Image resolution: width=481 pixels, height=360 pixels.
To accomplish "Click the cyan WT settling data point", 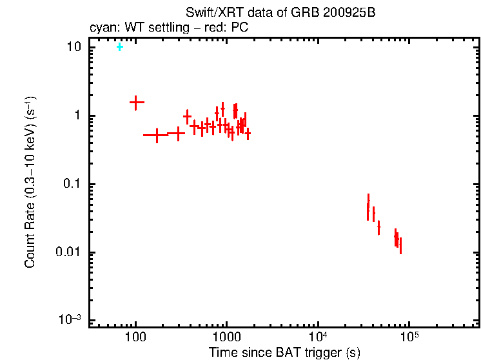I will click(119, 46).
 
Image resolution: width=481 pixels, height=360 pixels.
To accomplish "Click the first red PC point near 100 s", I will click(136, 102).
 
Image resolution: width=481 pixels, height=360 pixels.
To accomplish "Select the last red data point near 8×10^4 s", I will click(400, 245).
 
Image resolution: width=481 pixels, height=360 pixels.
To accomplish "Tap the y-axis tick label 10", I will click(74, 47).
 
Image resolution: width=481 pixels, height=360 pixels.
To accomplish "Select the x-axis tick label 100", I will click(135, 337).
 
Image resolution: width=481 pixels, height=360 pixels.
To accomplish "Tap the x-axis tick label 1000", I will click(226, 337).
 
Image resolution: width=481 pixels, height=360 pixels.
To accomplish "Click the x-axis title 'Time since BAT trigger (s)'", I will click(284, 352).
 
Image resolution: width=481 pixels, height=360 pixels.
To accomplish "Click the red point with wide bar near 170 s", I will click(156, 135).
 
